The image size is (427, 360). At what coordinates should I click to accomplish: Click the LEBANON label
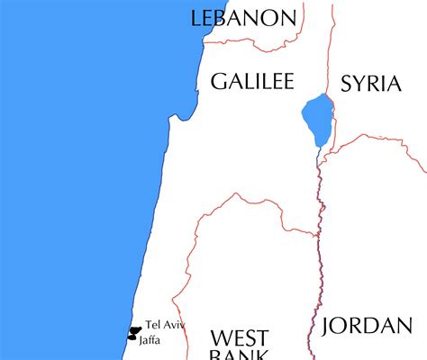(x=243, y=18)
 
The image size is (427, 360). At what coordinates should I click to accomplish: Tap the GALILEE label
(x=252, y=82)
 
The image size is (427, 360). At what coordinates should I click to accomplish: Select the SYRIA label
(x=370, y=85)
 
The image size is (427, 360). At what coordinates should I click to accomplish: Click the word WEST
(x=239, y=339)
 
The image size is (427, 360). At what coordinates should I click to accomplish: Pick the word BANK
(x=240, y=356)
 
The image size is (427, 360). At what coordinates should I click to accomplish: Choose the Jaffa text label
(x=150, y=339)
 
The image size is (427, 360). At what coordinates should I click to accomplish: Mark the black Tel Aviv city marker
(x=135, y=329)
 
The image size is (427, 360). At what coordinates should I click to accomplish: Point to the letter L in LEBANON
(x=197, y=19)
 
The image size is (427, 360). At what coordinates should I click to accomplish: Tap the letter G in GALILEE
(x=218, y=82)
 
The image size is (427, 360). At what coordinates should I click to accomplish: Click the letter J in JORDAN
(x=325, y=326)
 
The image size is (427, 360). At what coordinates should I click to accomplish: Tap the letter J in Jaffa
(x=141, y=339)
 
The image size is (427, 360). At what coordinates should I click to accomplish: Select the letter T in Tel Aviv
(x=147, y=325)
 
